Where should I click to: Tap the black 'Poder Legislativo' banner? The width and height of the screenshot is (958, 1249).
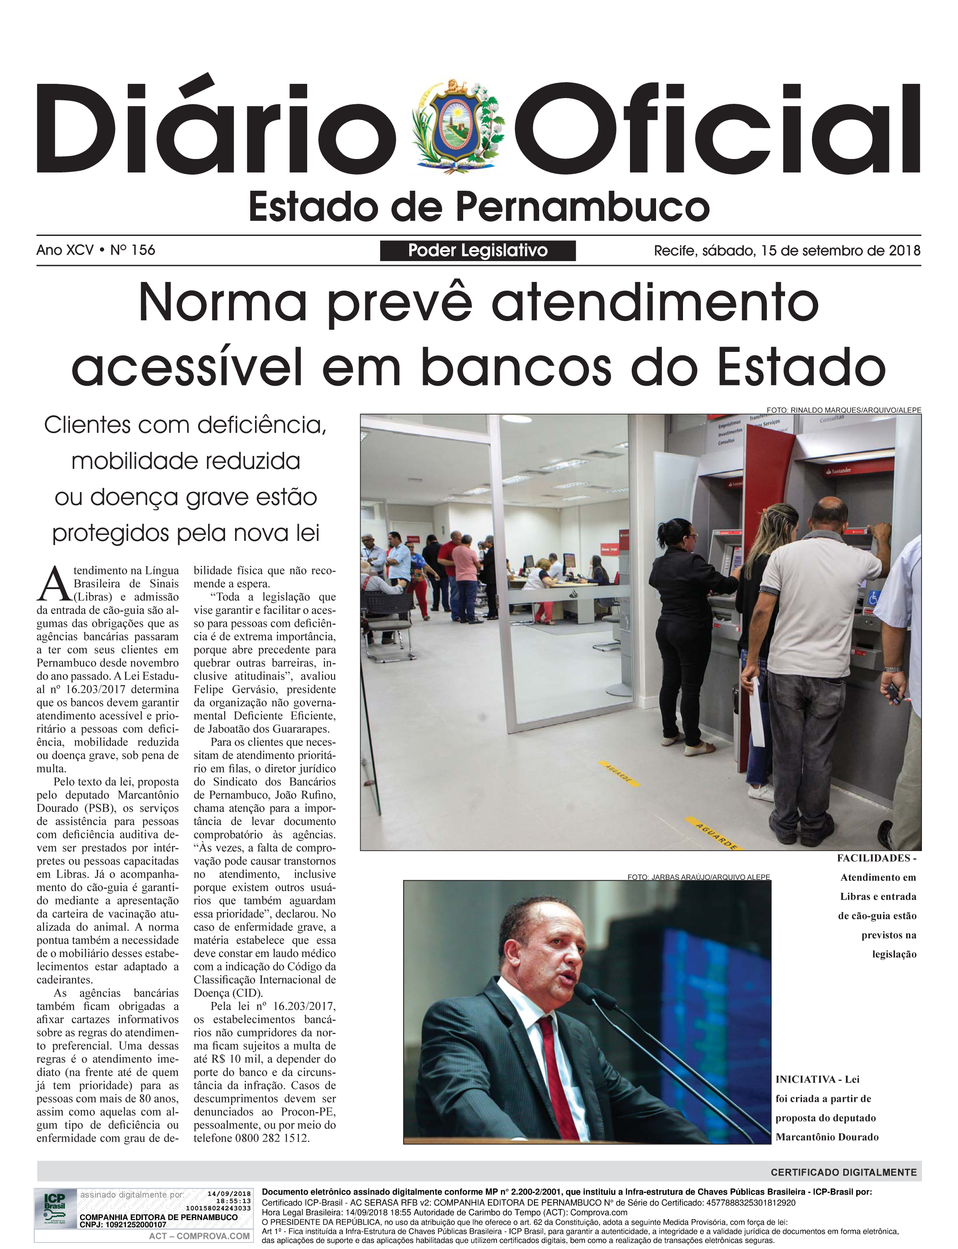477,250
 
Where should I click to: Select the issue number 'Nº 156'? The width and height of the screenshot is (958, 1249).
132,250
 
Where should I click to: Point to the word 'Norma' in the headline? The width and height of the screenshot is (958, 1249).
222,303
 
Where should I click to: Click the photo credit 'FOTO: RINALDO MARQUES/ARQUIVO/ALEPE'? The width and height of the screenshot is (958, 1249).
843,410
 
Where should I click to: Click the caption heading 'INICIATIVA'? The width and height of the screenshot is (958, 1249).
805,1079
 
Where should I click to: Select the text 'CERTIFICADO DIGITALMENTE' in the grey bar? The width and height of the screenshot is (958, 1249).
843,1173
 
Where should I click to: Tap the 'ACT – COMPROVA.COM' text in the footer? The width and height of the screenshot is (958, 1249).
199,1236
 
